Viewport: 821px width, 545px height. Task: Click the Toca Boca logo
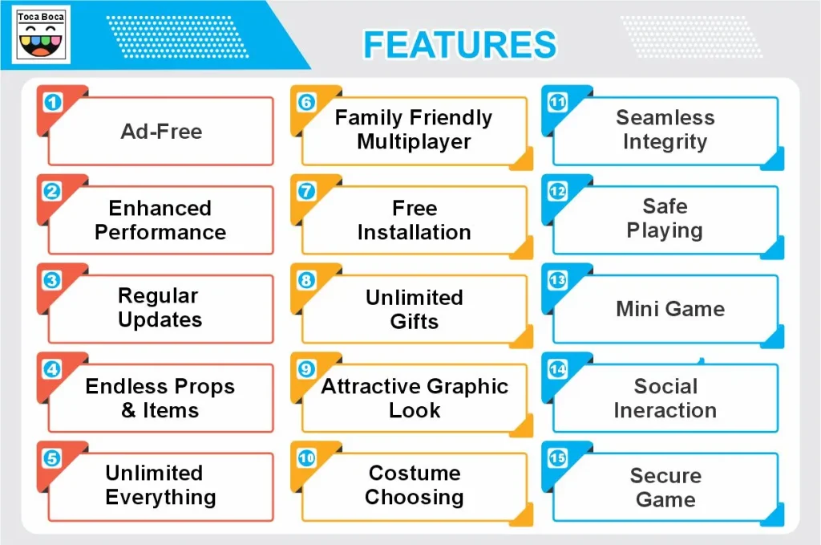tap(42, 34)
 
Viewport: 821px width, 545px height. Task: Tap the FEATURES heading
tap(459, 45)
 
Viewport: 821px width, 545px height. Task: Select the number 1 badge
tap(52, 103)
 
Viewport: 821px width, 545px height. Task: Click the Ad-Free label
tap(161, 131)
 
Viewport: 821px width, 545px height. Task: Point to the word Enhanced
tap(160, 209)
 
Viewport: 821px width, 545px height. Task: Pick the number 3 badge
tap(52, 281)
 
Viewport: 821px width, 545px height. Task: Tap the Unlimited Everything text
tap(160, 485)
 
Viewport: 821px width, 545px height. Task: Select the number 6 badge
tap(306, 103)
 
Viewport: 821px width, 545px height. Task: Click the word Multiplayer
tap(414, 142)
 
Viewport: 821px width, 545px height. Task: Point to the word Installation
tap(414, 233)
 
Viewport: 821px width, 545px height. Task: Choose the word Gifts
tap(414, 322)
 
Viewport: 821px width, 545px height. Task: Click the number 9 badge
tap(306, 369)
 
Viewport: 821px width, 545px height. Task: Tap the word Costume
tap(414, 473)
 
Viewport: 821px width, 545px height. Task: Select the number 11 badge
tap(557, 103)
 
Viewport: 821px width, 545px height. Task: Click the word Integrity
tap(665, 142)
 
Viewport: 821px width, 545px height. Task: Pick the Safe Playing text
tap(665, 218)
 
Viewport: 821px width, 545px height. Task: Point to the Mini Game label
tap(670, 309)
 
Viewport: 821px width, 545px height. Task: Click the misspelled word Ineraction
tap(665, 410)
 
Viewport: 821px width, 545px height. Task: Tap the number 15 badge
tap(557, 458)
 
